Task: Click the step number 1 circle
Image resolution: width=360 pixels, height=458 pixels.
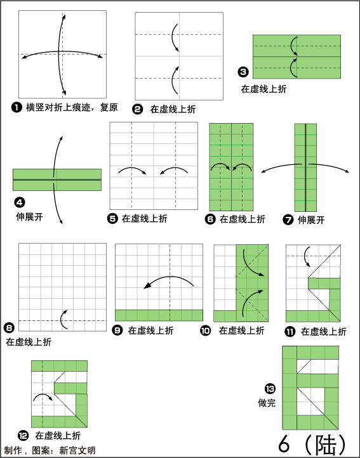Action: click(17, 107)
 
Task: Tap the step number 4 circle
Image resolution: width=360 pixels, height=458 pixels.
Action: click(20, 202)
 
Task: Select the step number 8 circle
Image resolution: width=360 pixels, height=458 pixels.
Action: click(9, 328)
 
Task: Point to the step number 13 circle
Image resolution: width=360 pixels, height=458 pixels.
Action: click(270, 389)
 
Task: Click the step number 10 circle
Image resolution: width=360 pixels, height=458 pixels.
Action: click(206, 330)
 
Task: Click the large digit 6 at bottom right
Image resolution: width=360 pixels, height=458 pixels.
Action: click(284, 444)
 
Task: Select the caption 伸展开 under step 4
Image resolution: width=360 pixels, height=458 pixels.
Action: click(30, 217)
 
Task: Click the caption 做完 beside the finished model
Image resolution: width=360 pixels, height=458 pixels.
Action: click(267, 403)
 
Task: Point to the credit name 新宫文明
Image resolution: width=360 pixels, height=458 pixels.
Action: click(77, 450)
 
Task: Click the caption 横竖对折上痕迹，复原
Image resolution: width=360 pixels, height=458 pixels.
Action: click(72, 107)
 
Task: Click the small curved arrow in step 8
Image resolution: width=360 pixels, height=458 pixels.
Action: click(62, 319)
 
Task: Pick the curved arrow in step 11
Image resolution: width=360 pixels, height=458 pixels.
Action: click(305, 256)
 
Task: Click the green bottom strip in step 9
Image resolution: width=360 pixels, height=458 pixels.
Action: click(159, 315)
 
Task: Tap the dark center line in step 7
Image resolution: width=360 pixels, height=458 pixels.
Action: click(305, 167)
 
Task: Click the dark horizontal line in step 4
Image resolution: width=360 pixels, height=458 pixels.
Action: click(57, 180)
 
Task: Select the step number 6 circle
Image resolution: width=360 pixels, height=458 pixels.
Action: click(210, 219)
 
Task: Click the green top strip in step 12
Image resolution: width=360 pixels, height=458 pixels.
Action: click(60, 366)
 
